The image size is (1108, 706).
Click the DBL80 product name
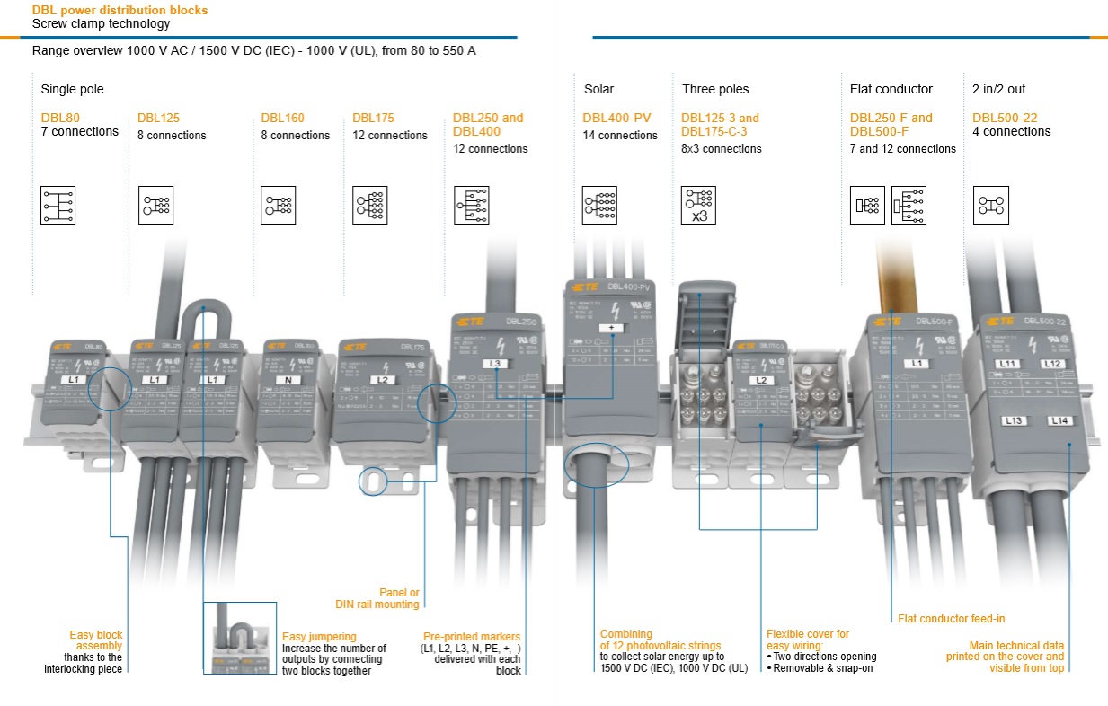pos(60,118)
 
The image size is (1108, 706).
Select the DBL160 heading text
pos(283,118)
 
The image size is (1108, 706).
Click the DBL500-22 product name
pos(1005,118)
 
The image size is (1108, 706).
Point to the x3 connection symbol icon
pos(698,206)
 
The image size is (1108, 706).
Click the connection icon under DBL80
pos(58,205)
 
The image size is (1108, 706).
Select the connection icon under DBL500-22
pos(991,205)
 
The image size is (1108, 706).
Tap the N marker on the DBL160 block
pos(288,380)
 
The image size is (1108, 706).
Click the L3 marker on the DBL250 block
pos(496,363)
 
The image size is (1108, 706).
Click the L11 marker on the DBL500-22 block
pos(1008,363)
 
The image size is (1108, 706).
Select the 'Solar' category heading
pos(599,89)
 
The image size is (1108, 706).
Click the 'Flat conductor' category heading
pos(891,89)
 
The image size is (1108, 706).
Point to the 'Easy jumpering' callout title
pos(319,635)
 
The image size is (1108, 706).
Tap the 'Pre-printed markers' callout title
pos(472,636)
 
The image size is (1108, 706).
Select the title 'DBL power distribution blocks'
pos(120,11)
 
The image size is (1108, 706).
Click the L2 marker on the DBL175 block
pos(382,380)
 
